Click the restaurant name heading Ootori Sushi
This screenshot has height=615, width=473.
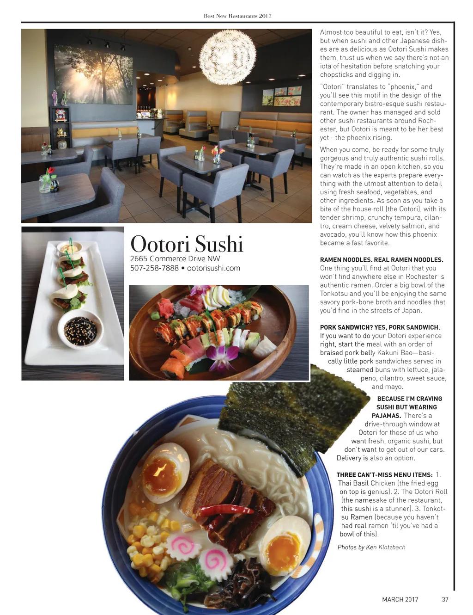click(x=187, y=244)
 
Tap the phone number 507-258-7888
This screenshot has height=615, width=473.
click(x=154, y=268)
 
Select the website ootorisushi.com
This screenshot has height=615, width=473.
click(x=213, y=268)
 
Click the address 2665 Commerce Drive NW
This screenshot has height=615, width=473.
click(x=175, y=258)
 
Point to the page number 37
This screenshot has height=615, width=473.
click(x=445, y=599)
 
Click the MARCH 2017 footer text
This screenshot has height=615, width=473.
click(x=400, y=599)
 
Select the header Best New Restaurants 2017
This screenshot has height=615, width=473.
click(x=237, y=16)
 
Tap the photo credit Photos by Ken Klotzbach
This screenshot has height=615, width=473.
click(x=371, y=547)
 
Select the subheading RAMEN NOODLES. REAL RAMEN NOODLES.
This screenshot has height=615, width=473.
click(x=382, y=260)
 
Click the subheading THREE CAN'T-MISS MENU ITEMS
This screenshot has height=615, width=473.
click(x=384, y=475)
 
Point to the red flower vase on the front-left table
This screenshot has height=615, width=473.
click(x=47, y=181)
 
